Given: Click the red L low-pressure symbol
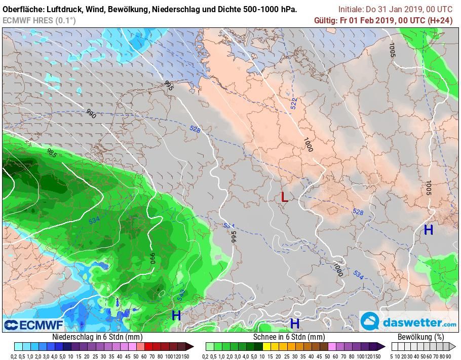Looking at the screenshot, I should tap(285, 197).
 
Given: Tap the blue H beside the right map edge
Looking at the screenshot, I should tap(429, 230).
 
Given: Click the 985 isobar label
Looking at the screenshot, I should tap(52, 154).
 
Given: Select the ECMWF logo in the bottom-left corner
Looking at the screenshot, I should tap(33, 325).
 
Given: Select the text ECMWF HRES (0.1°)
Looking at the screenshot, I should tap(39, 20).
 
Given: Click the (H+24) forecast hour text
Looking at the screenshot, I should tap(440, 20).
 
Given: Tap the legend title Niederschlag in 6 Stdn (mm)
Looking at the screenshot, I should tap(97, 337).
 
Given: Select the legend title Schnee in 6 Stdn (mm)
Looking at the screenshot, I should tap(289, 337).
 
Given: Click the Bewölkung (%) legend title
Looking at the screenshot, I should tap(420, 337).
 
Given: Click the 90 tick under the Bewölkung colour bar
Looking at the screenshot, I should tap(449, 356).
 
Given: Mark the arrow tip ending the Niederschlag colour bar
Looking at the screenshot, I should tap(191, 347).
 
